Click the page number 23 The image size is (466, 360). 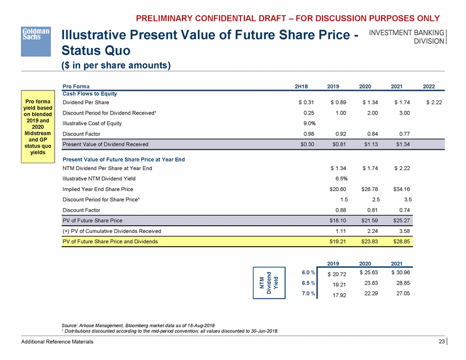point(441,341)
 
